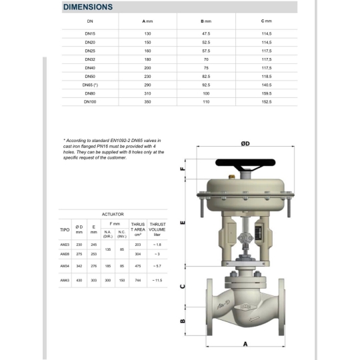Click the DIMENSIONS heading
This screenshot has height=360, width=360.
point(87,7)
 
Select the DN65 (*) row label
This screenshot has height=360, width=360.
point(90,85)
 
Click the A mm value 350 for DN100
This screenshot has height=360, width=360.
point(147,102)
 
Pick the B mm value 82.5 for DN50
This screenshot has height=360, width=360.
point(206,77)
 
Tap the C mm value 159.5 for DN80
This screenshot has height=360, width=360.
point(266,93)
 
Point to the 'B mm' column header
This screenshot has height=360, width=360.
point(206,21)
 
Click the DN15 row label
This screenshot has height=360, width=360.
point(90,33)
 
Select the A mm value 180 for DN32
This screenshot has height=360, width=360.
point(147,59)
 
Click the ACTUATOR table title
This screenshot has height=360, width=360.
point(113,215)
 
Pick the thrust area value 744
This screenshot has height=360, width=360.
point(138,281)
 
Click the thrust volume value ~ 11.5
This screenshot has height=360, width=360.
point(157,281)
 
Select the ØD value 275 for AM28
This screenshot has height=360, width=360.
point(79,254)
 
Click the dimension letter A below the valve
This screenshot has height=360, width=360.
point(246,344)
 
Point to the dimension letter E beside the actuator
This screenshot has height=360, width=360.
point(183,222)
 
